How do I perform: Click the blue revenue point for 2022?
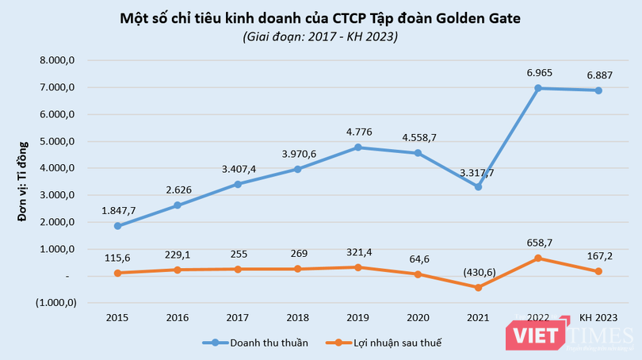point(538,88)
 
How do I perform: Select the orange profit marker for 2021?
point(478,288)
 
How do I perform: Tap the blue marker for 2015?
point(117,226)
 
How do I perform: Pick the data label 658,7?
point(538,241)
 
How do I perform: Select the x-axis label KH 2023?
point(598,317)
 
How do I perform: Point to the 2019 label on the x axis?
point(358,317)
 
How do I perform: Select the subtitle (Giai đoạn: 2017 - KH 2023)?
point(320,36)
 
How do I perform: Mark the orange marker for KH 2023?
point(598,271)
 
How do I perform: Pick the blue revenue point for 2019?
point(358,147)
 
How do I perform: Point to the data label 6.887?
point(598,74)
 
